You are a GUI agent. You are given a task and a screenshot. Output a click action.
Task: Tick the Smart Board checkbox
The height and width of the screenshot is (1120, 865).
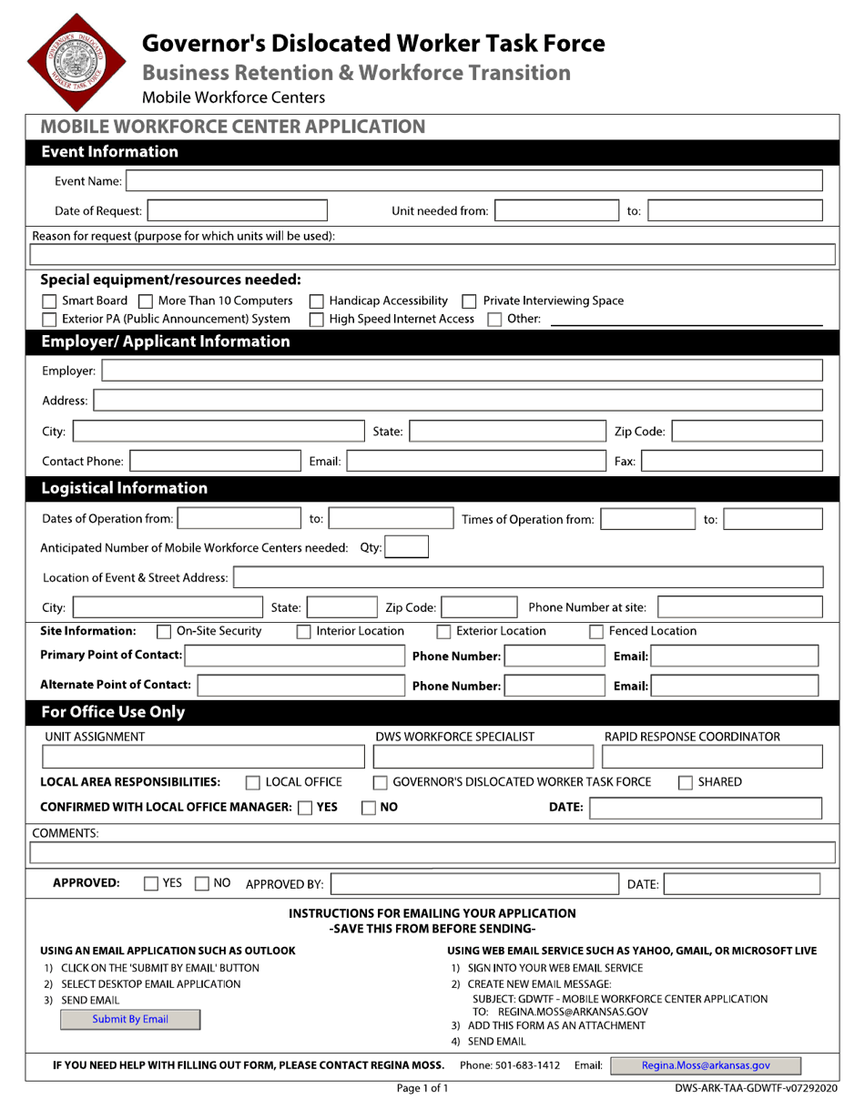(50, 301)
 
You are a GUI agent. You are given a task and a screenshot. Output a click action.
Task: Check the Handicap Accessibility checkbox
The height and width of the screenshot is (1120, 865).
(317, 301)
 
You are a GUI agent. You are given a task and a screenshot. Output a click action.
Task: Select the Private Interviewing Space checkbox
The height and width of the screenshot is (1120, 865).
(470, 301)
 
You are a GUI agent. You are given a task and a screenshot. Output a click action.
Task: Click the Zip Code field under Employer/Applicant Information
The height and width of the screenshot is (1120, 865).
(746, 432)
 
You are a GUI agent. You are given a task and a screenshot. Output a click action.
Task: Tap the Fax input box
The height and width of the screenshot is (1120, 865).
(731, 462)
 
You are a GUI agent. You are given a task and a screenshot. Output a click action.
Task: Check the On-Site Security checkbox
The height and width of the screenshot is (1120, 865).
(164, 632)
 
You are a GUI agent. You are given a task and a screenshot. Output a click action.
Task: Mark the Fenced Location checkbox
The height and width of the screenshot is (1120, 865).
(596, 632)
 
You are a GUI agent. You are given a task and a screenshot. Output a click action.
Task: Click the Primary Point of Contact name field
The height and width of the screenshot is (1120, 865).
(293, 656)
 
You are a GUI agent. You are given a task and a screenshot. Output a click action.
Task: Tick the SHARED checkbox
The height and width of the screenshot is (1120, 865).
(687, 782)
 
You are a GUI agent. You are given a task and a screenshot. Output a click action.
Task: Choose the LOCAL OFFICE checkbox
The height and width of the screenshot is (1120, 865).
(253, 782)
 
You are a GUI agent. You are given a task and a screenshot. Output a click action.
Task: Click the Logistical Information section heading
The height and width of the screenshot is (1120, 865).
(125, 488)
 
